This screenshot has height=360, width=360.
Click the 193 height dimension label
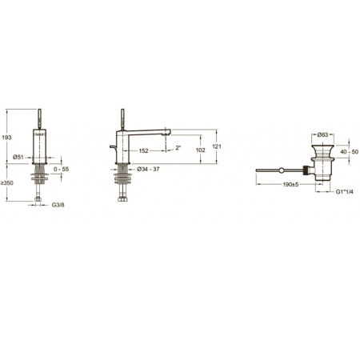click(x=6, y=138)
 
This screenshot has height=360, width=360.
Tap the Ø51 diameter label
click(x=18, y=157)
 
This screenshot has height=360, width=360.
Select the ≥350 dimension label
click(x=7, y=183)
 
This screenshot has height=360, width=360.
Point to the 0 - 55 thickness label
click(x=61, y=169)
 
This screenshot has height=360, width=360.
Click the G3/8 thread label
click(x=58, y=205)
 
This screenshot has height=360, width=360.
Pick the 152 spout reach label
click(x=143, y=151)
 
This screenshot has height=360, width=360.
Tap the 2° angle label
click(x=178, y=147)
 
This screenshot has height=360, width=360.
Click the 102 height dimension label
click(x=201, y=150)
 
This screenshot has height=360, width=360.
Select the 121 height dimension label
click(x=217, y=146)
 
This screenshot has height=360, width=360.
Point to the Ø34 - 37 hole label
click(x=148, y=169)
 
